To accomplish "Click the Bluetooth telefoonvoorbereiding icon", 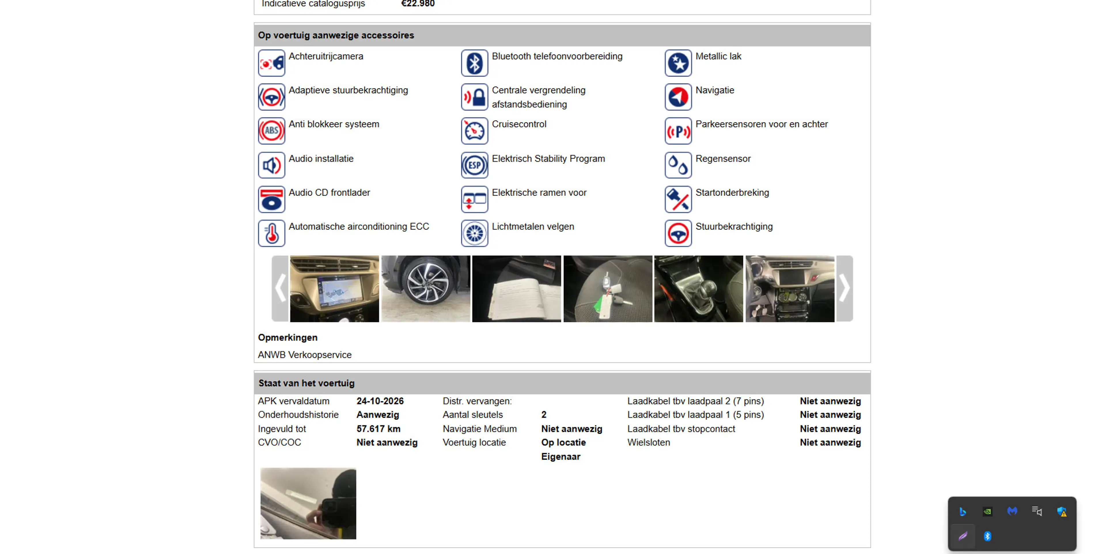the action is click(x=474, y=63).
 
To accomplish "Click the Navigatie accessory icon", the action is click(x=678, y=97).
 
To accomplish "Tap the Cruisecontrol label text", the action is click(x=519, y=124).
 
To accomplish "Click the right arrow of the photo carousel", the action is click(x=844, y=288).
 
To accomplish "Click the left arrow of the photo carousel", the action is click(x=280, y=288).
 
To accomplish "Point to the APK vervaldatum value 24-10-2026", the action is click(x=380, y=401).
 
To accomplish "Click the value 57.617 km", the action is click(x=378, y=429).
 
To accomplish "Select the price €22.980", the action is click(x=418, y=3).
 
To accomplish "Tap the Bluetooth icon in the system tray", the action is click(x=987, y=536).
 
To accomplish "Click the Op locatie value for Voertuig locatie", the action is click(x=563, y=443).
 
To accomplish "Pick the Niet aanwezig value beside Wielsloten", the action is click(x=830, y=443).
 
